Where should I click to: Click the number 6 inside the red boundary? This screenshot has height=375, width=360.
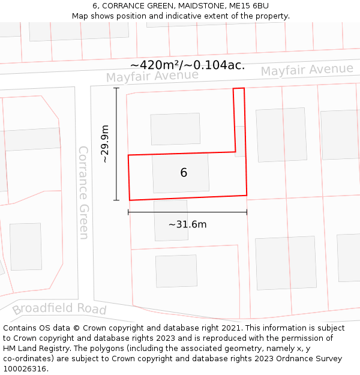184,173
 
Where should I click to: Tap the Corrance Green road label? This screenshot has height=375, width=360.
84,192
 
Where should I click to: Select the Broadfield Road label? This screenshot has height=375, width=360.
59,309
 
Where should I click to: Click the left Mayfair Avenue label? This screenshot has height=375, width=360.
152,76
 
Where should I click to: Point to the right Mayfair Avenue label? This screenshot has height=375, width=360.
307,70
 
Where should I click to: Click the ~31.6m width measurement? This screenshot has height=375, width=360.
187,224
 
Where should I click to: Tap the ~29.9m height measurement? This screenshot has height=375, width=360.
105,144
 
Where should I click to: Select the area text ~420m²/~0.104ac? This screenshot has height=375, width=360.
187,65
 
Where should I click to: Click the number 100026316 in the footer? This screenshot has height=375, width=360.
24,369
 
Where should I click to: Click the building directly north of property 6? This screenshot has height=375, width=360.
175,129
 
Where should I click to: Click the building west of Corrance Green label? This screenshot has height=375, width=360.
26,247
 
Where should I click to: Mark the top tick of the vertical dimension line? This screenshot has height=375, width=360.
116,88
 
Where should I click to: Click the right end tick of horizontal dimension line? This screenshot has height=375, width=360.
247,212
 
